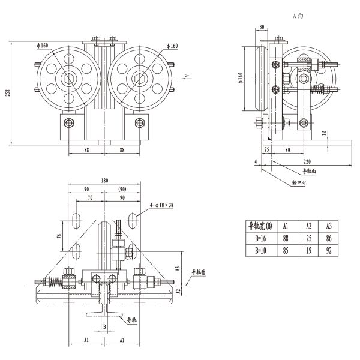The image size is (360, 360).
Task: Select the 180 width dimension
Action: (105, 181)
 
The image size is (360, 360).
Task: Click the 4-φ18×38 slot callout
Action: (157, 206)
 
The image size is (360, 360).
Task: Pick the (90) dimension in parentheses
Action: (122, 188)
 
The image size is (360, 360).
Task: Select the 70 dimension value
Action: (90, 197)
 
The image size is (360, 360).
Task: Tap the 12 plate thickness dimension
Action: (324, 133)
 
